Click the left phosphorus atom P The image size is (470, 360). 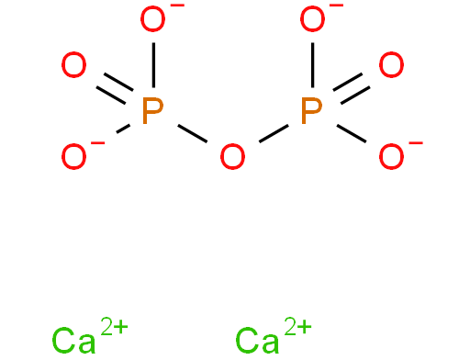(x=152, y=111)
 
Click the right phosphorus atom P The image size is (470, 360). (x=312, y=111)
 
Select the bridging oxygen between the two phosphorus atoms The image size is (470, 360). (x=232, y=156)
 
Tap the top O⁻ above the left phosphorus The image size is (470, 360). (x=153, y=18)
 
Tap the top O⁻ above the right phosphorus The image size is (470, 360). (x=312, y=18)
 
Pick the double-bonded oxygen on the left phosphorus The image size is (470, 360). (x=73, y=64)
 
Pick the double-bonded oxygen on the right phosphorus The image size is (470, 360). (x=391, y=64)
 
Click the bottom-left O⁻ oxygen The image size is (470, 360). (x=73, y=156)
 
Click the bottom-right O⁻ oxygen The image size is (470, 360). (x=391, y=156)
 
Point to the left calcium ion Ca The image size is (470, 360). (x=73, y=341)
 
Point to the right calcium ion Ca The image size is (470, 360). (x=257, y=341)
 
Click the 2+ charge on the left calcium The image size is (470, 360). (x=114, y=327)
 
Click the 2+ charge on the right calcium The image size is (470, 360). (x=297, y=327)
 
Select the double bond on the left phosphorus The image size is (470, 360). (x=115, y=89)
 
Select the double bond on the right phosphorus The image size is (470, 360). (x=352, y=89)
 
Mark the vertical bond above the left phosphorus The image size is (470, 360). (x=153, y=65)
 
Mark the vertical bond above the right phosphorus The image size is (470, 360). (x=312, y=65)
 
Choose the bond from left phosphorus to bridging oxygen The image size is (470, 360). (x=193, y=134)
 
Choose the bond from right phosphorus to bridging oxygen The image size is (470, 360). (x=274, y=134)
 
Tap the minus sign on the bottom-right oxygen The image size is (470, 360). (x=416, y=142)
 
